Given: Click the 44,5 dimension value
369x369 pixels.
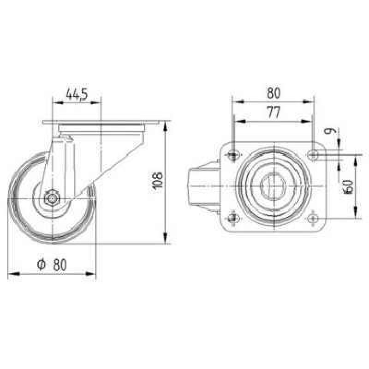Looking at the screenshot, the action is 77,94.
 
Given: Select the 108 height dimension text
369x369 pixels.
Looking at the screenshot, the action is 157,181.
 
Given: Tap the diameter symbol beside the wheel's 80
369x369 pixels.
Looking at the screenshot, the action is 41,265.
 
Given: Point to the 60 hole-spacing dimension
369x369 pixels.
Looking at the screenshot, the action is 349,187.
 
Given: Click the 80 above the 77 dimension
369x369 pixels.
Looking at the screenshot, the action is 274,93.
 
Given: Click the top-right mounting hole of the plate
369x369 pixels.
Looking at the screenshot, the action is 313,155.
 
